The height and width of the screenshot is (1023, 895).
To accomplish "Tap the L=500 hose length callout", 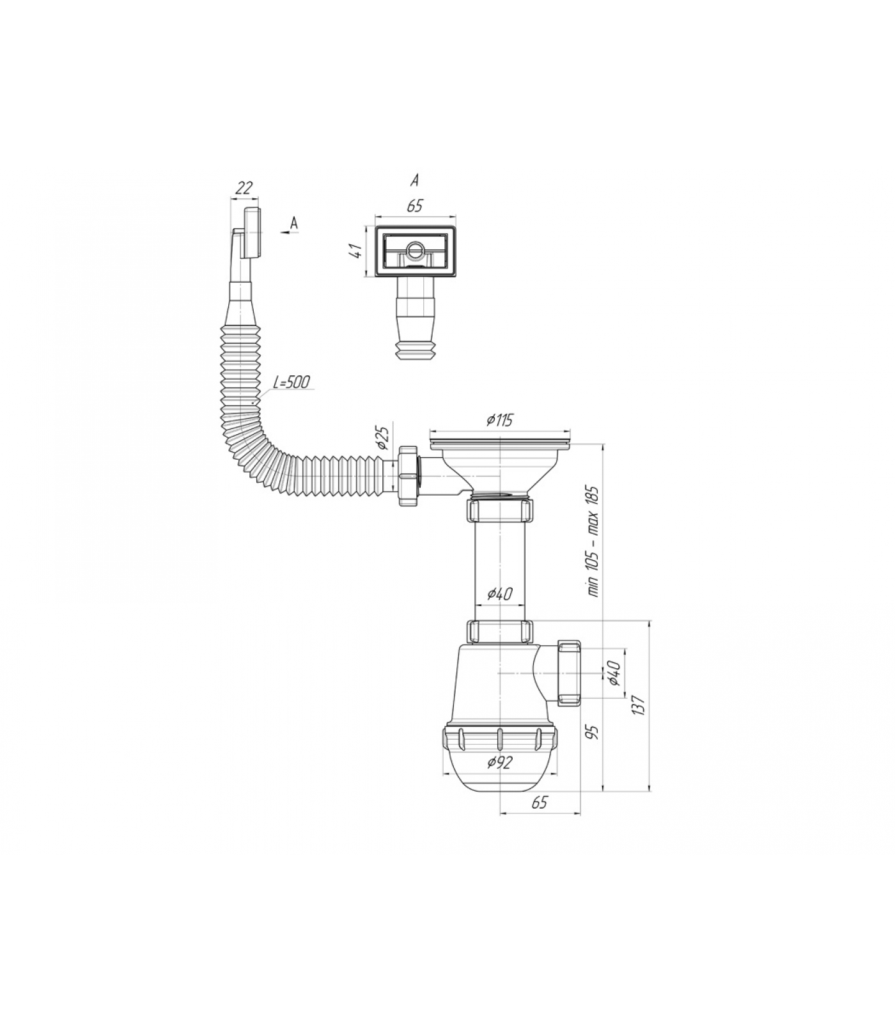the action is pos(291,382).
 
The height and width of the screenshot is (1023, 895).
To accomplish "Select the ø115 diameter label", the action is pos(499,420).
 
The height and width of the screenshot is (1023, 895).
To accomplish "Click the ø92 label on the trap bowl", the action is pos(499,762).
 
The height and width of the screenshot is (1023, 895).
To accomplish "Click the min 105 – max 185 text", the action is pos(593,541).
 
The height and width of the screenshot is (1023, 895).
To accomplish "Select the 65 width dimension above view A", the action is pos(414,206).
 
